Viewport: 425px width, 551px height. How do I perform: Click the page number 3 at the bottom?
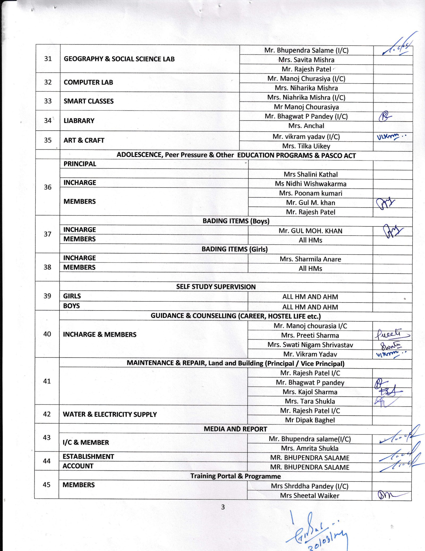(223, 507)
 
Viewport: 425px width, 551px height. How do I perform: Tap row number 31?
(48, 59)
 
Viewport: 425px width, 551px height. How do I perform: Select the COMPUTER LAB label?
(88, 82)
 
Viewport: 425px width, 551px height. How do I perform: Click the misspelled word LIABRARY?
(79, 121)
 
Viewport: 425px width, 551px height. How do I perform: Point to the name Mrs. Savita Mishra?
(306, 60)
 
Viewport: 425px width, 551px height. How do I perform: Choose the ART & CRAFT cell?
(84, 140)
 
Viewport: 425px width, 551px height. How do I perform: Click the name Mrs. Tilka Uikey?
(306, 146)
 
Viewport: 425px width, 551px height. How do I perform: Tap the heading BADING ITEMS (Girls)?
(235, 249)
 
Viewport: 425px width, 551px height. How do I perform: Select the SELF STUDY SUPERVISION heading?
(216, 287)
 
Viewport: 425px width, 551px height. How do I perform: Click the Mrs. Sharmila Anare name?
(310, 259)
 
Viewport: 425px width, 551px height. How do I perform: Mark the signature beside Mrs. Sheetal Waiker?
(390, 495)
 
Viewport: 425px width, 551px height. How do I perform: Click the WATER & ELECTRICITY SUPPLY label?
(110, 414)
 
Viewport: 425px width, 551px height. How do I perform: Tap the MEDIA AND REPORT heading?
(235, 429)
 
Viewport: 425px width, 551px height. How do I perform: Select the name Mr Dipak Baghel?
(310, 420)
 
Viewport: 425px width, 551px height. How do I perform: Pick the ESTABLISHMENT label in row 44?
(88, 457)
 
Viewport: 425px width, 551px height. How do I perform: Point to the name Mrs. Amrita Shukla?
(310, 448)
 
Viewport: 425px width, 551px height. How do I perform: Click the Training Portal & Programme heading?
(235, 476)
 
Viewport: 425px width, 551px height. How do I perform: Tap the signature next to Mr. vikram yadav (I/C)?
(390, 137)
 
